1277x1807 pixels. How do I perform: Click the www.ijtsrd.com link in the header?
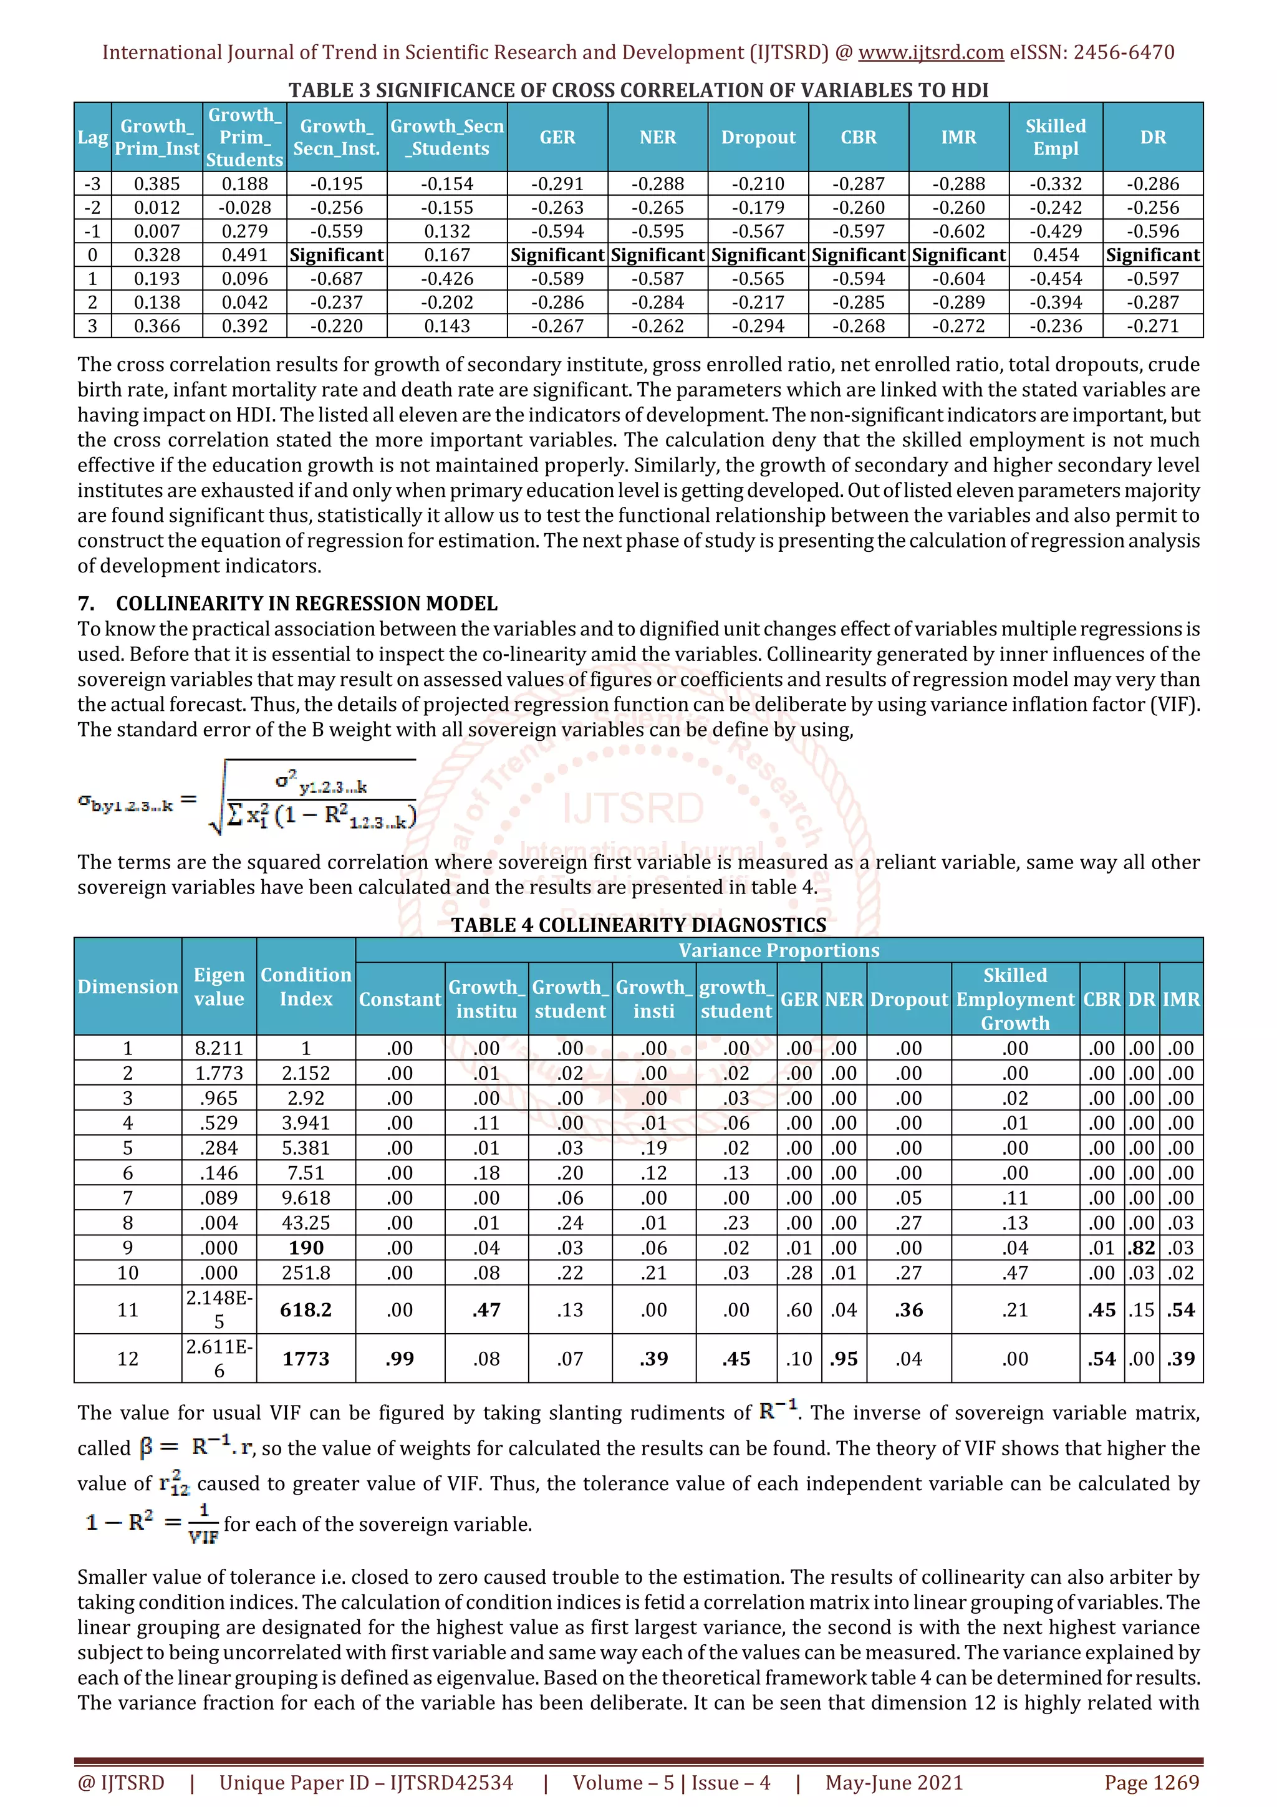pos(930,53)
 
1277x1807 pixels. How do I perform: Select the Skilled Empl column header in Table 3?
pos(1055,137)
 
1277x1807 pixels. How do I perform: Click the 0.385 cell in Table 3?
pos(157,184)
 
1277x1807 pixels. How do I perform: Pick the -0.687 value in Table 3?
pos(336,279)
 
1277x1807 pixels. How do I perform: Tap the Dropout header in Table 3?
pos(758,137)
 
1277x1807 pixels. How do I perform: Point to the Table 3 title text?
pos(638,90)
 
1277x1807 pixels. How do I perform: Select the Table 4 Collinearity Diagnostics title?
pos(638,925)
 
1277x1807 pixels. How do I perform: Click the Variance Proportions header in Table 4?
pos(778,950)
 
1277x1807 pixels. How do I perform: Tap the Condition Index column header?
pos(306,986)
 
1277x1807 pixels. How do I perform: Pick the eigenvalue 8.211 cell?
pos(219,1048)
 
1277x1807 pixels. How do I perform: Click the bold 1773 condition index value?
pos(306,1359)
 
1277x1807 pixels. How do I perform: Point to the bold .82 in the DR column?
pos(1141,1248)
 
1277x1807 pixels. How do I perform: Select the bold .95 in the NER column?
pos(844,1359)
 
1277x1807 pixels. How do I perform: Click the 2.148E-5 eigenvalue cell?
pos(219,1309)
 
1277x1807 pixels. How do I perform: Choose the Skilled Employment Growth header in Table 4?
pos(1014,999)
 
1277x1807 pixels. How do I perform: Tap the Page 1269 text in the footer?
pos(1151,1783)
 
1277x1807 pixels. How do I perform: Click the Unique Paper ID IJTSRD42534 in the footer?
pos(366,1783)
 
